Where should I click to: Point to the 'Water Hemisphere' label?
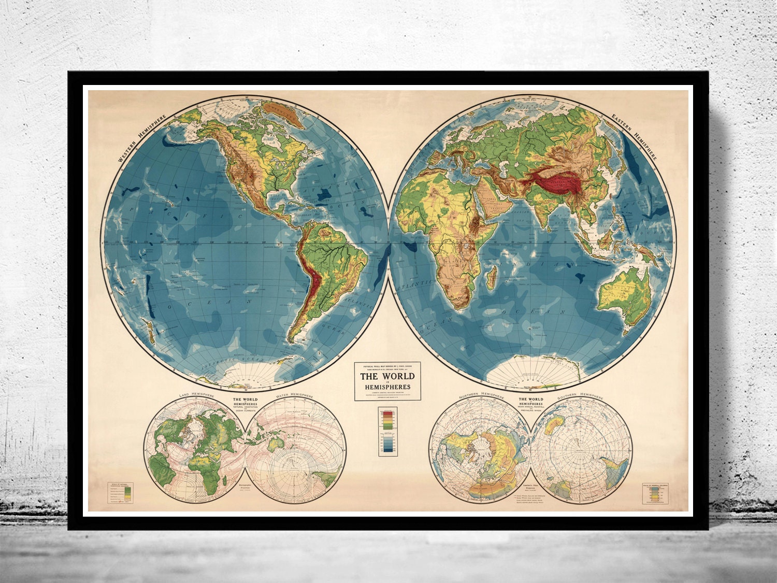pyautogui.click(x=295, y=396)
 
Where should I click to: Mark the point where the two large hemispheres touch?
pyautogui.click(x=388, y=243)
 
